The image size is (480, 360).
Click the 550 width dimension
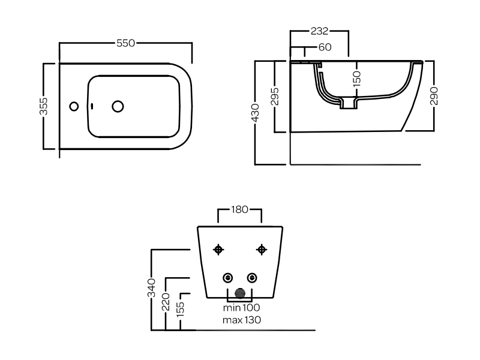(125, 43)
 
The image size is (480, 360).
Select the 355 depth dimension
(44, 106)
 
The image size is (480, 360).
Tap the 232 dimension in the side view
(319, 31)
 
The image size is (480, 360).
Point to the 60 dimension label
(325, 47)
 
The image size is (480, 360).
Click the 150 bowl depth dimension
(357, 79)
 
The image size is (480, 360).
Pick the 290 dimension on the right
(434, 96)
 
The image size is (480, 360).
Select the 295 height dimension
(275, 97)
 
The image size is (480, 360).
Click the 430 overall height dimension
(255, 113)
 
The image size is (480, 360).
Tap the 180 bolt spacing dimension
(239, 209)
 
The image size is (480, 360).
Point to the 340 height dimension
(152, 288)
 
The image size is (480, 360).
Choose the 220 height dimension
(166, 302)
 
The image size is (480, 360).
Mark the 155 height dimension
(181, 310)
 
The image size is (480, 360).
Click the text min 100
(242, 307)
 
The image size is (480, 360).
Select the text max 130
(242, 320)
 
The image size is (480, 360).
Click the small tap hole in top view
(74, 107)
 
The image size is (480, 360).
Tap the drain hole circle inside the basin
(118, 107)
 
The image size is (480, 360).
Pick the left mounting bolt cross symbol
(218, 250)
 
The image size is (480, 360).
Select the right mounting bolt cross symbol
(262, 250)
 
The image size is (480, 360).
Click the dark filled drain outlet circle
(240, 293)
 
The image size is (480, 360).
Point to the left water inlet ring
(228, 278)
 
